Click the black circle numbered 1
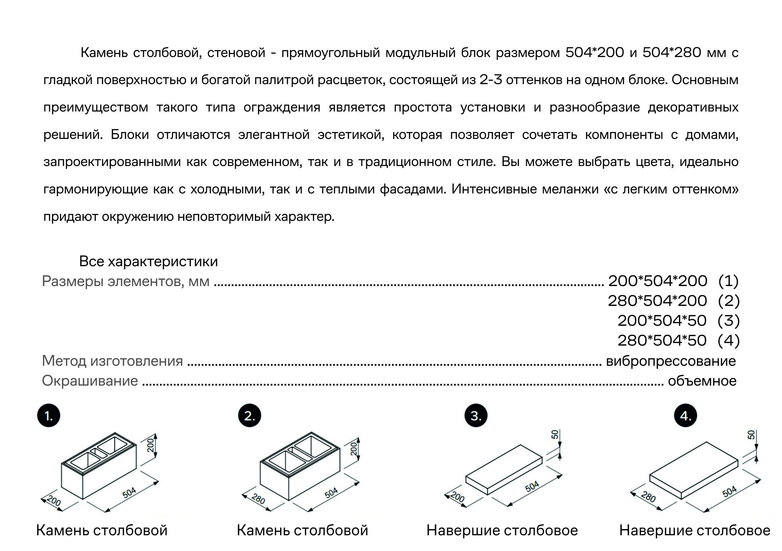(x=49, y=416)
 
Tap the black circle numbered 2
(x=249, y=416)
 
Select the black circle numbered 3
(x=476, y=416)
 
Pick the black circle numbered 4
(x=686, y=416)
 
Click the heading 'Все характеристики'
(x=148, y=261)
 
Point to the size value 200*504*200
(x=657, y=281)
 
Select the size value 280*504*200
(x=657, y=301)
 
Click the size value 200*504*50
(x=662, y=320)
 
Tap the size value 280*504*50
(x=662, y=340)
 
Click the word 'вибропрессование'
(x=671, y=361)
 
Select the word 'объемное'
(x=702, y=381)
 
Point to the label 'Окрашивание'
(x=90, y=381)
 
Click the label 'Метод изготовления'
(x=112, y=361)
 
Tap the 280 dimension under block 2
(x=258, y=499)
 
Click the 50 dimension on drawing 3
(x=555, y=434)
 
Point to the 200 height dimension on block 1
(x=151, y=445)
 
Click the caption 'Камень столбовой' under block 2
(x=302, y=530)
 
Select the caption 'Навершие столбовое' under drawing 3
(x=502, y=530)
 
